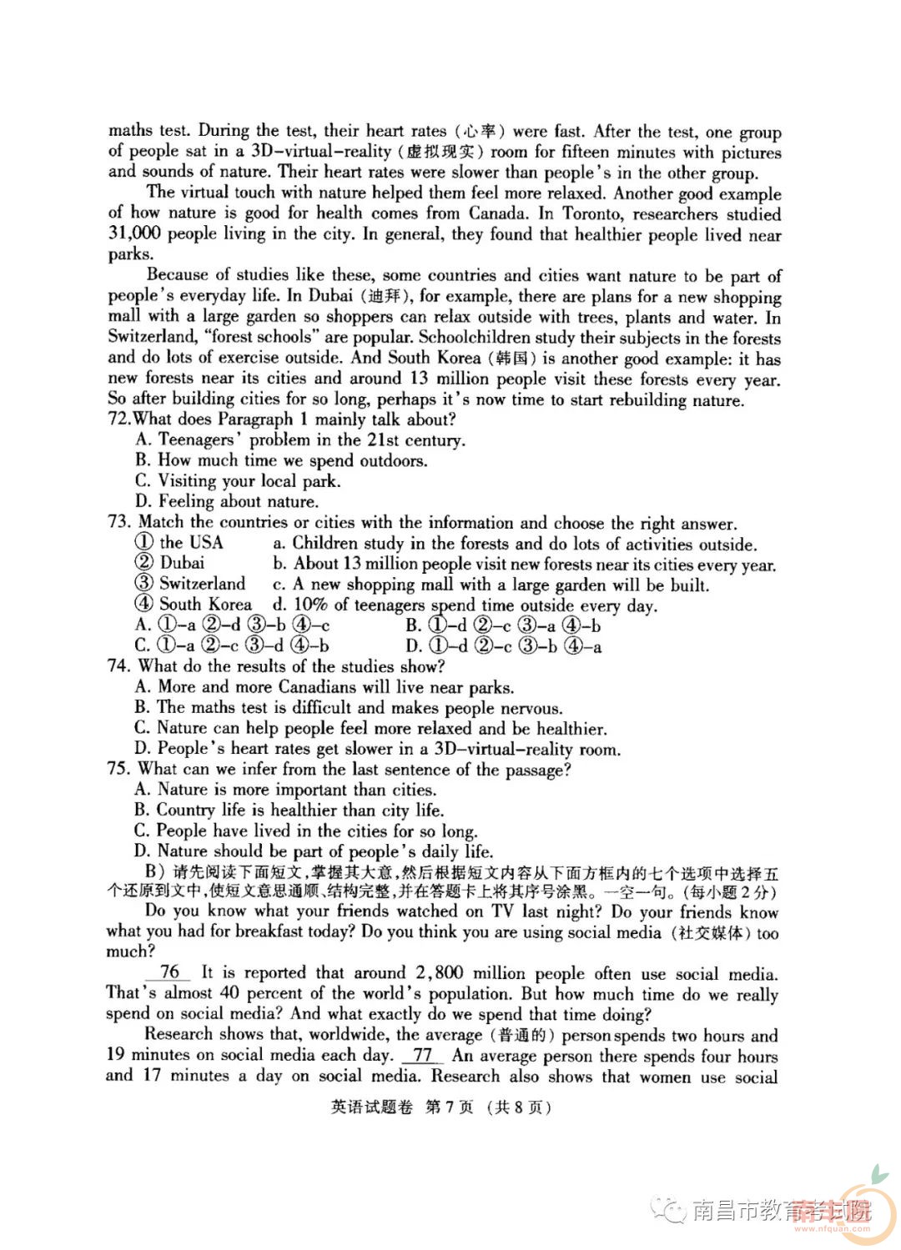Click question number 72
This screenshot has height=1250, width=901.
click(119, 419)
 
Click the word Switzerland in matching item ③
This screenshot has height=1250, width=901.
click(202, 584)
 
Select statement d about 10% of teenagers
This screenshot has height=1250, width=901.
click(464, 605)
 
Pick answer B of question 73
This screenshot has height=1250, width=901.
click(503, 625)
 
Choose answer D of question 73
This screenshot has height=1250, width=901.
click(503, 645)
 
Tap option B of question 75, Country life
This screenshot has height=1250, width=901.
click(289, 810)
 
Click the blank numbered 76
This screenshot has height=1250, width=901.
click(169, 972)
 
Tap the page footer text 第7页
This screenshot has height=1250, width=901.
click(449, 1108)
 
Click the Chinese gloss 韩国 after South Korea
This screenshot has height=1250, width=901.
click(510, 359)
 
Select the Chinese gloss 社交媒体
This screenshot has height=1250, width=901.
click(710, 932)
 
